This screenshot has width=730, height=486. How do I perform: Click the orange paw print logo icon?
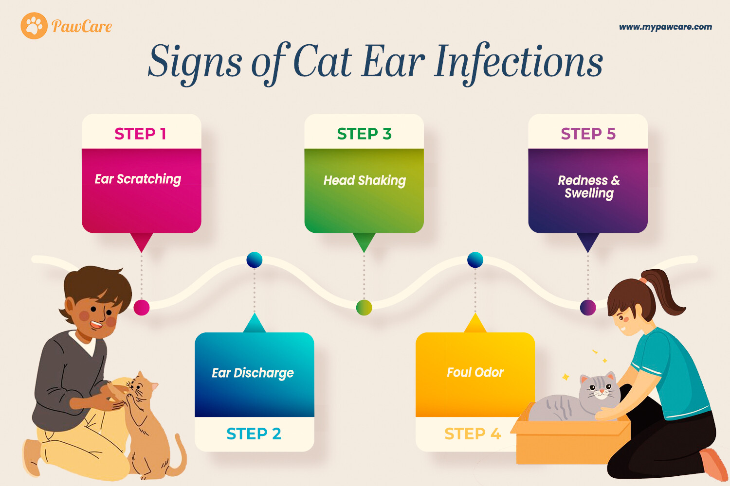(x=34, y=26)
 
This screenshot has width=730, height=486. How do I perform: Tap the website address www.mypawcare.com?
(x=665, y=27)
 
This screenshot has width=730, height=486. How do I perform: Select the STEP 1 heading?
(x=141, y=134)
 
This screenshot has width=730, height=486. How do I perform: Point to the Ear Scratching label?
(x=138, y=179)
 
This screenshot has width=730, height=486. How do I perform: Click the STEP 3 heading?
(x=364, y=134)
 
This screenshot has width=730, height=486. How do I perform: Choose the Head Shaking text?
(x=365, y=181)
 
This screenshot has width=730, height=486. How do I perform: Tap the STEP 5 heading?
(x=588, y=134)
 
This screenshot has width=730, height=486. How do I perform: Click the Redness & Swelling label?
(x=589, y=187)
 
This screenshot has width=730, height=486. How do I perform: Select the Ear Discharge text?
(x=253, y=373)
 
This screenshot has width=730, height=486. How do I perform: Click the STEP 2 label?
(x=254, y=434)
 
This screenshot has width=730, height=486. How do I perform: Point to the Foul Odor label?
(x=475, y=372)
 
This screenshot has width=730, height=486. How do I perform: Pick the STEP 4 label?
(x=473, y=434)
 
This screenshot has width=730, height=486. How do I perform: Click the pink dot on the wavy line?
(x=142, y=307)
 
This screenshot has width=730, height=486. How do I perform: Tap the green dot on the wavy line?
(x=364, y=307)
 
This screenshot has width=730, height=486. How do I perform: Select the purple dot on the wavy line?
(x=588, y=307)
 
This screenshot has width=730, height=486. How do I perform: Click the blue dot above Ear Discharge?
(x=255, y=260)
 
